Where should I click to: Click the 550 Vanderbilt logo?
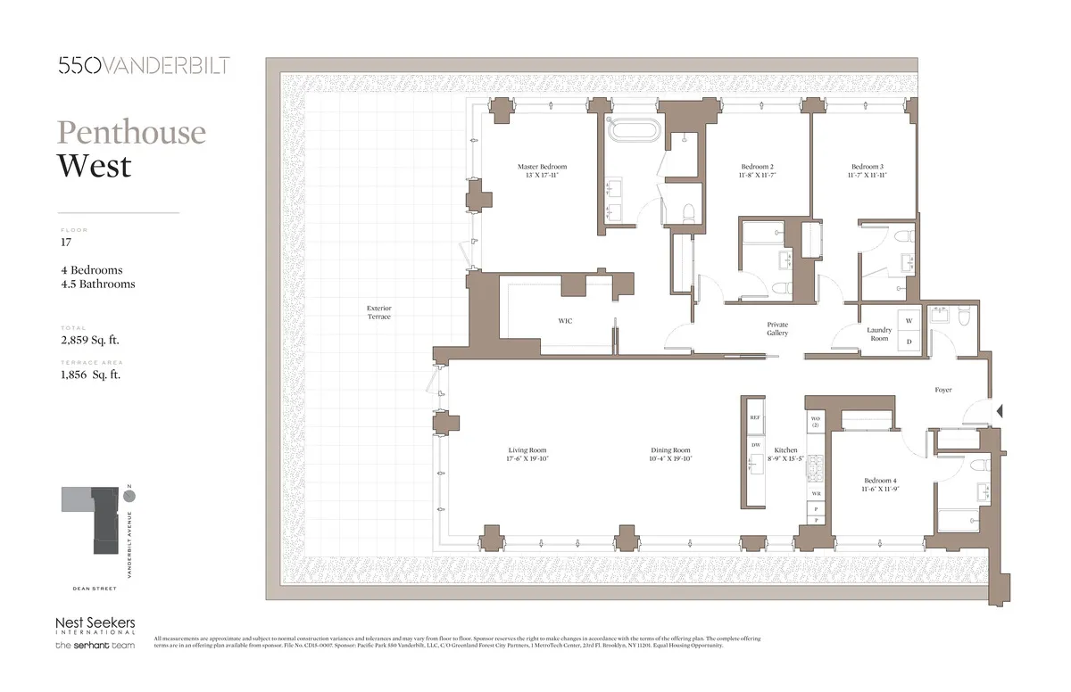143,64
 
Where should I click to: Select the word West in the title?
94,166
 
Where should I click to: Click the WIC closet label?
564,320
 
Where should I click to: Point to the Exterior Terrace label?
378,312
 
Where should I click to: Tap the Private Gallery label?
777,328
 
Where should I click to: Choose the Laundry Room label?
879,334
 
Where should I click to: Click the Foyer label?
943,390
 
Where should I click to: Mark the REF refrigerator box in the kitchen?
755,417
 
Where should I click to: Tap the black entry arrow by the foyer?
1000,411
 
